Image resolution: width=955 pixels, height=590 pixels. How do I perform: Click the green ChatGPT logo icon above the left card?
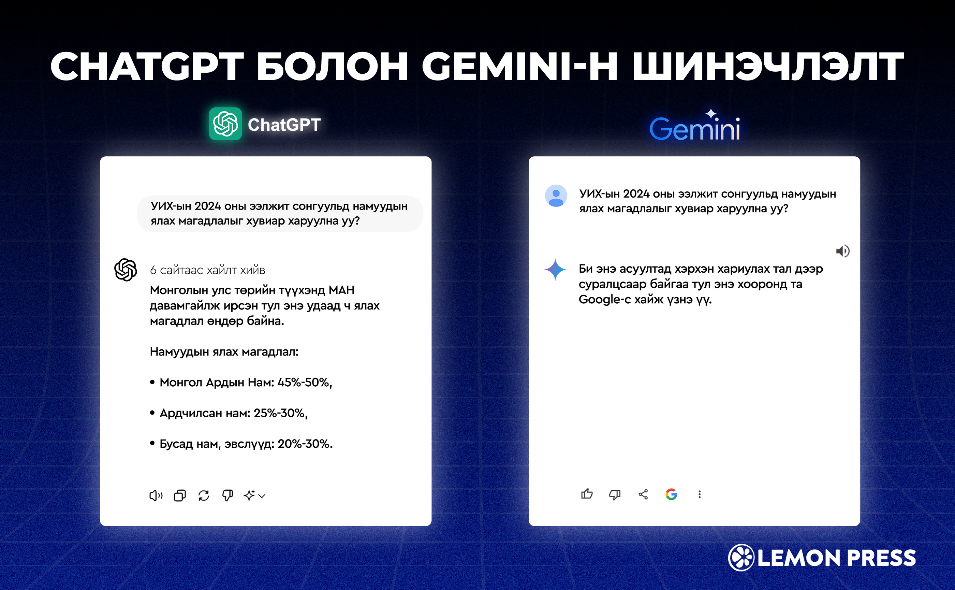225,124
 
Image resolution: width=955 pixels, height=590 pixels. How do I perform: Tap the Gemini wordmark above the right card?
694,125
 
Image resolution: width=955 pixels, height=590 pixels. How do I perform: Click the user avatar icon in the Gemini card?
556,196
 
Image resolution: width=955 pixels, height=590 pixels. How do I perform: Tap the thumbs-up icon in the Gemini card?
587,494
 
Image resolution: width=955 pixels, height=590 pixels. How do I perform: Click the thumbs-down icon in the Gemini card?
615,495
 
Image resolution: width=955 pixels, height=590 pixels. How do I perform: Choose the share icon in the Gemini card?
643,494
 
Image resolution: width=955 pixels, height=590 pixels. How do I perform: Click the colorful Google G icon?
671,494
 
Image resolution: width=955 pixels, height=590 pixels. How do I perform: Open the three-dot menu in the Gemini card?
700,494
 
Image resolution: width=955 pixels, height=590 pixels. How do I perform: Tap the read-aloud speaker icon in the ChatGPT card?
156,495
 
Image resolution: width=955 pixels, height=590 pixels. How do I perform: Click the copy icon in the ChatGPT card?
180,495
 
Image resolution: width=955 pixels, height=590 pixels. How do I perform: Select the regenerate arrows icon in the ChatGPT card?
204,495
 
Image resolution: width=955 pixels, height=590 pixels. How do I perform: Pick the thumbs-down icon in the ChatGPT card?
227,495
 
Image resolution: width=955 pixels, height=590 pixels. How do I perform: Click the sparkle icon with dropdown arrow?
254,495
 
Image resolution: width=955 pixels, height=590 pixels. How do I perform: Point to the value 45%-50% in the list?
304,383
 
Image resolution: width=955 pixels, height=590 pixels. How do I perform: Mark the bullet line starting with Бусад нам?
241,444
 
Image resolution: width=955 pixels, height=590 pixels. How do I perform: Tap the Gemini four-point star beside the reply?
555,269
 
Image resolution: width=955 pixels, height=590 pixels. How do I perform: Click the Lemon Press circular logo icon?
741,557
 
